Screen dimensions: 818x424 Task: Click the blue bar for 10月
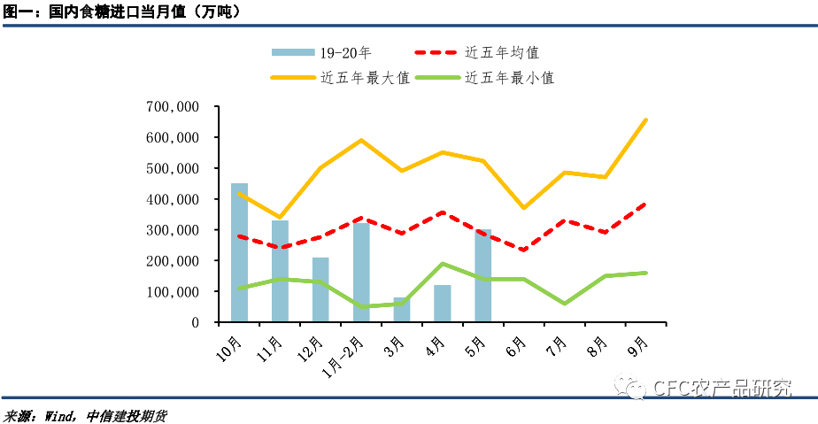click(x=239, y=252)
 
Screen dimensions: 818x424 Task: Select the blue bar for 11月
click(x=280, y=271)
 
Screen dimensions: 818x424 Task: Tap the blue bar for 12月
click(x=320, y=289)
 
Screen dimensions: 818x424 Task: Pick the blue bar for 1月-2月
click(x=361, y=273)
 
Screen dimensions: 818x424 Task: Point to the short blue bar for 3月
click(x=402, y=310)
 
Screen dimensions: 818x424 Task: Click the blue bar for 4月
click(x=443, y=304)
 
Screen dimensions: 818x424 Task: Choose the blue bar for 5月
click(x=483, y=275)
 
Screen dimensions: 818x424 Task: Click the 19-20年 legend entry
click(x=321, y=53)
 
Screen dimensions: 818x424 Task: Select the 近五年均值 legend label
click(x=502, y=53)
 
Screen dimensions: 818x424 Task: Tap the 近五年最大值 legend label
click(x=365, y=78)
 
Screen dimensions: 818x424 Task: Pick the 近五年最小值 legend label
click(x=510, y=78)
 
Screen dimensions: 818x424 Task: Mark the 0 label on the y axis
click(x=196, y=323)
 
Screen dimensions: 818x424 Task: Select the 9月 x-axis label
click(x=637, y=346)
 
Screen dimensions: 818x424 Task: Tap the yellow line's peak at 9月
click(x=646, y=119)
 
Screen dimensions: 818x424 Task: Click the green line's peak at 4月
click(x=443, y=264)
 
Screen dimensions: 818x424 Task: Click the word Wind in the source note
click(x=59, y=416)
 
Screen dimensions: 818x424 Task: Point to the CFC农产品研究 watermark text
click(x=722, y=388)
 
